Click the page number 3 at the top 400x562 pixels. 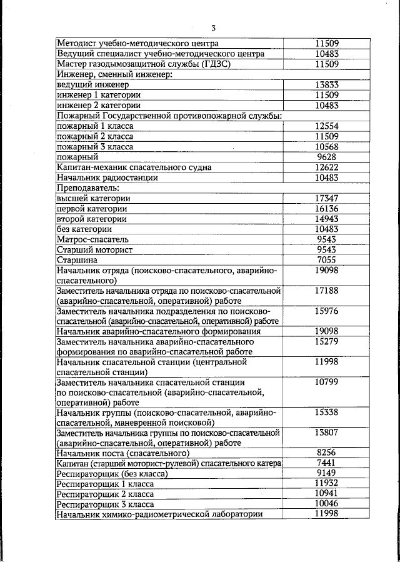[212, 28]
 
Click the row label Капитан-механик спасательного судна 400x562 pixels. [134, 167]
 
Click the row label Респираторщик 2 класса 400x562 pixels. [101, 493]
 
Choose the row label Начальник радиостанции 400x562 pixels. [104, 178]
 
